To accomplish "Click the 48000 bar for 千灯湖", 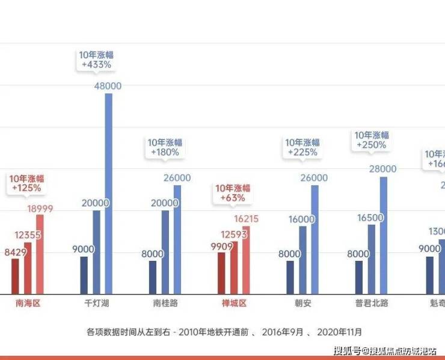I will coord(108,192).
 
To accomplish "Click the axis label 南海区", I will coord(28,304).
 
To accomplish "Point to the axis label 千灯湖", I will coord(96,304).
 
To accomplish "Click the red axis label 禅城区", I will coord(235,304).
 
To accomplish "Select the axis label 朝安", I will coord(303,304).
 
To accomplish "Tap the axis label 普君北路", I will coord(372,304).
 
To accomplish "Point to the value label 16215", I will coord(246,219).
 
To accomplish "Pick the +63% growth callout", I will coord(233,193).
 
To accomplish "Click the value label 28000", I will coord(383,169).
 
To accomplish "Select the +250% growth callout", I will coord(371,141).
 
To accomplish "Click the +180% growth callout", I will coord(164,148).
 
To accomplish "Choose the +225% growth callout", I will coord(302,148).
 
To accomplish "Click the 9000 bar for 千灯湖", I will coord(84,275).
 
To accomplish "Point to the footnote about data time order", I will coord(224,331).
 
